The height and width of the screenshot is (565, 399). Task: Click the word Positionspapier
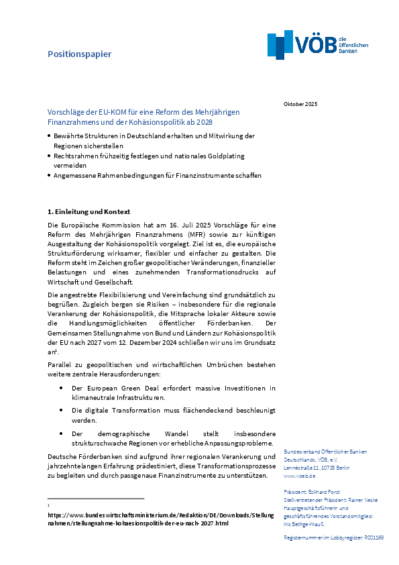point(79,54)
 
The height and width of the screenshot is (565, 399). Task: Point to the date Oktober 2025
point(300,104)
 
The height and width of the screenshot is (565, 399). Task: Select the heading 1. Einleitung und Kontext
point(89,211)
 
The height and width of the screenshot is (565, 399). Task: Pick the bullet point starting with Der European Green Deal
point(173,393)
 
